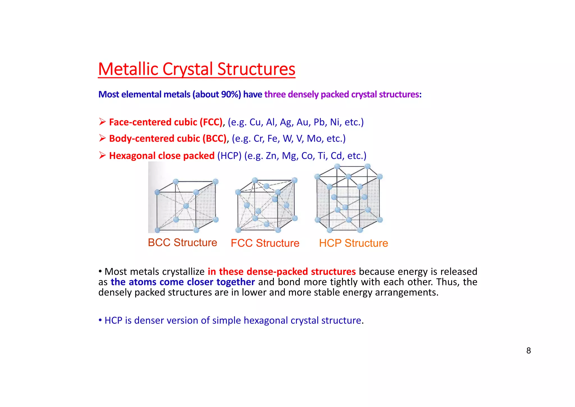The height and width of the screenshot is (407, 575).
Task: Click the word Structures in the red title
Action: tap(256, 69)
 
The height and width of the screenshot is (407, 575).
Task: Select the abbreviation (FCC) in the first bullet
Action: tap(211, 122)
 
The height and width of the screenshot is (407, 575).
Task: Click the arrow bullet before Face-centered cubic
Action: tap(102, 122)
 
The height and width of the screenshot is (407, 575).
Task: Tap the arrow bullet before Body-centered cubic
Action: tap(102, 138)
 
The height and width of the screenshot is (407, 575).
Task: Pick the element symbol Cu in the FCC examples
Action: tap(255, 122)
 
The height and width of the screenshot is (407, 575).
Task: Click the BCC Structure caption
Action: tap(182, 243)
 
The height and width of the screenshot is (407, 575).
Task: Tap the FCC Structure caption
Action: tap(265, 243)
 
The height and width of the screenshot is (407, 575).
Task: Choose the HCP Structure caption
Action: tap(353, 243)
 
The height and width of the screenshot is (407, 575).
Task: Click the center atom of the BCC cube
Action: tap(186, 206)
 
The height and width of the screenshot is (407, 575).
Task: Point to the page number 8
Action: tap(528, 351)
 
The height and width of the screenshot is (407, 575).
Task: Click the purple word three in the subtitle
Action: tap(275, 94)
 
